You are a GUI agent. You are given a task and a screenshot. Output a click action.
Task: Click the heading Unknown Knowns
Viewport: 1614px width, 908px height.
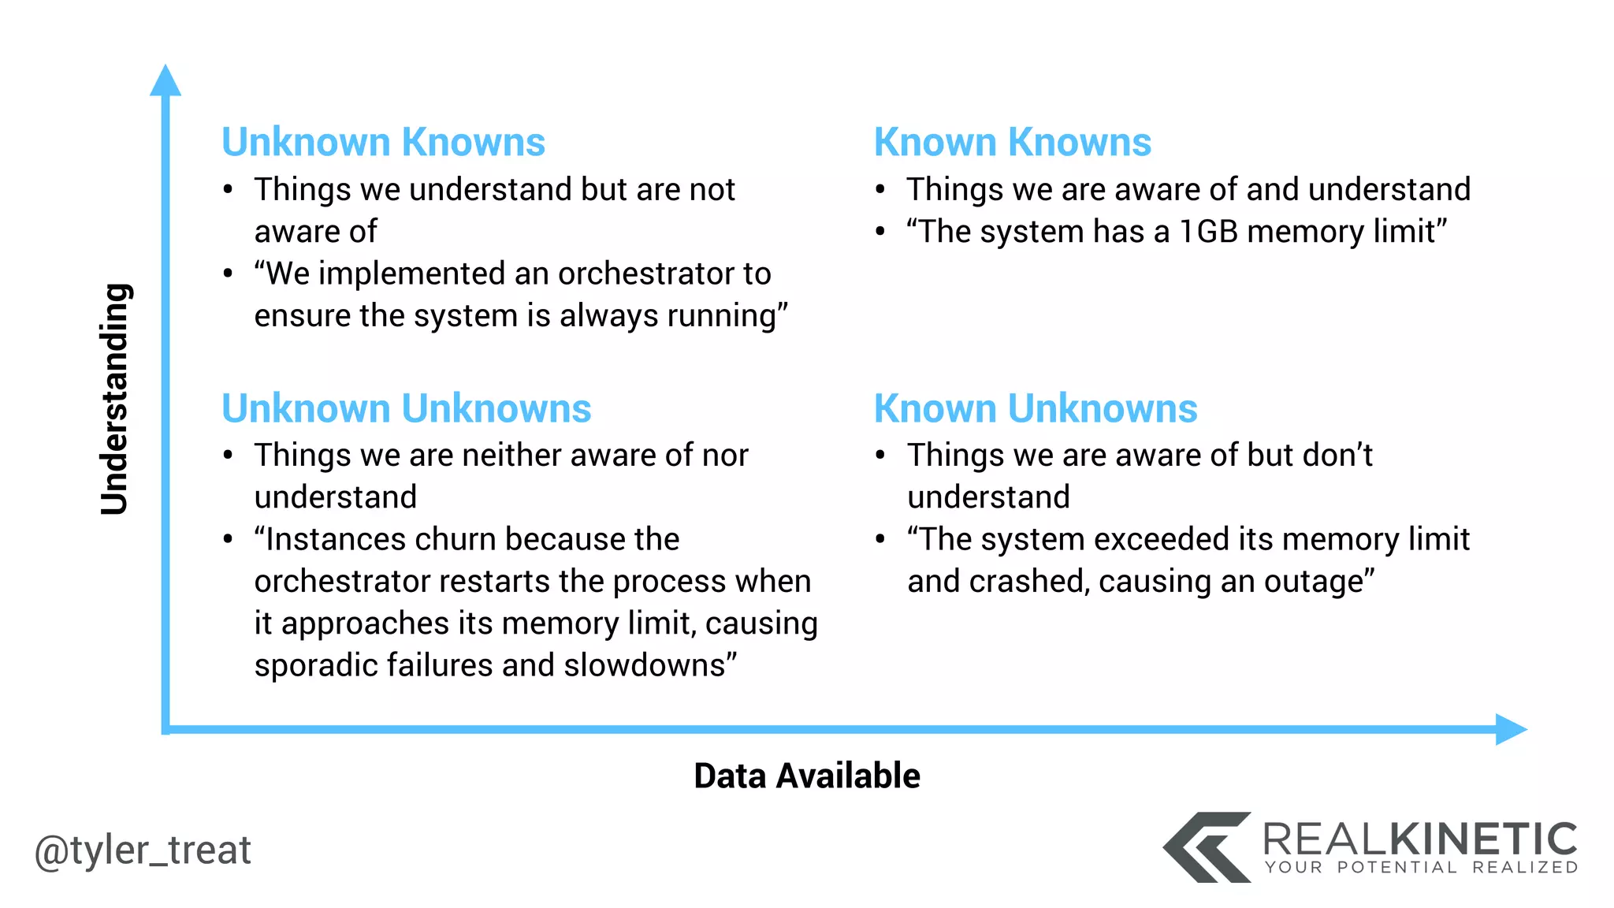(x=383, y=143)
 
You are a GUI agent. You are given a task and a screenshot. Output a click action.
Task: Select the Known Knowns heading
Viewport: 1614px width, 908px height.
(x=1012, y=143)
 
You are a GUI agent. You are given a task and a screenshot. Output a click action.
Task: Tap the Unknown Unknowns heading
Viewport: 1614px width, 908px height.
(x=406, y=409)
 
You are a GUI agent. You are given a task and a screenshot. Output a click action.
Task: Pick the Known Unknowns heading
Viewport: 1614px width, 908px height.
(x=1035, y=409)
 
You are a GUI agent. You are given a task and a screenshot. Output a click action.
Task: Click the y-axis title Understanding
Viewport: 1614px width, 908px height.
(x=115, y=399)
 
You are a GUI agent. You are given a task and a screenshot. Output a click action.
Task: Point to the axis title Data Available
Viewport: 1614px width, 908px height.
(x=806, y=776)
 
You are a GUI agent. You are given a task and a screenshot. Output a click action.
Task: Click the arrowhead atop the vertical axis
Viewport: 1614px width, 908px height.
(x=165, y=81)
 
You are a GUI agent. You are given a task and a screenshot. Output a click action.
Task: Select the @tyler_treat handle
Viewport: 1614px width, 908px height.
(x=143, y=850)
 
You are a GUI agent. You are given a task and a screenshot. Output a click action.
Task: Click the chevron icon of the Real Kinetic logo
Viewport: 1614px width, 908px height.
(x=1206, y=847)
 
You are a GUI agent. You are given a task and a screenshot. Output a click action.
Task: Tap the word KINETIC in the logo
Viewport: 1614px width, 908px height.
(x=1482, y=839)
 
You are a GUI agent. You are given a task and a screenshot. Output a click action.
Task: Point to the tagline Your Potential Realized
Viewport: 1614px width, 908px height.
(x=1421, y=868)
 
